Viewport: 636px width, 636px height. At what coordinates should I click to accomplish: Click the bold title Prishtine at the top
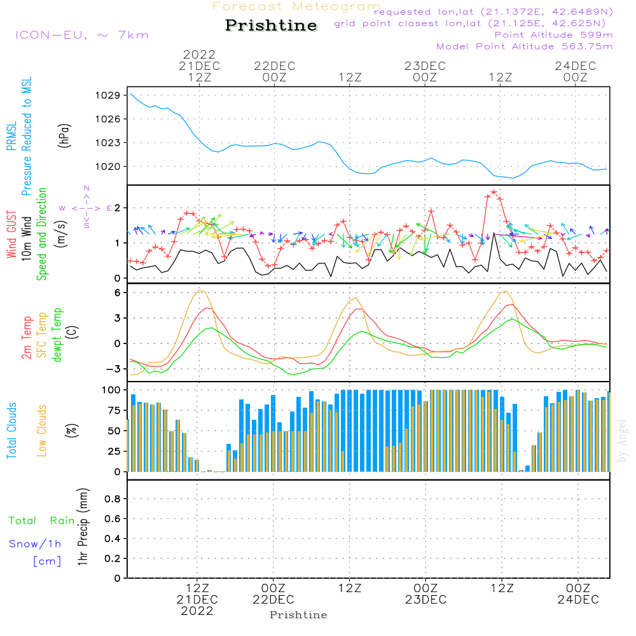pyautogui.click(x=271, y=25)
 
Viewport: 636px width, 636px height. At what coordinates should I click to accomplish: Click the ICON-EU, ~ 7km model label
pyautogui.click(x=81, y=35)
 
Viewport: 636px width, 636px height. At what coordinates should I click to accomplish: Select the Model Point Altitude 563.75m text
pyautogui.click(x=524, y=46)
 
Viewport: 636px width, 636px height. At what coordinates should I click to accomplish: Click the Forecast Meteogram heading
pyautogui.click(x=296, y=6)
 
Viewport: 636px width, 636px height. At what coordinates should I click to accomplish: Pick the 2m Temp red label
pyautogui.click(x=27, y=336)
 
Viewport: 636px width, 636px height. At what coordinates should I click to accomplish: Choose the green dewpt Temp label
pyautogui.click(x=57, y=335)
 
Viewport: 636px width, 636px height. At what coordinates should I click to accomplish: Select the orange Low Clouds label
pyautogui.click(x=42, y=431)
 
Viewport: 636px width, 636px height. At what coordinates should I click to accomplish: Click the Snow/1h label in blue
pyautogui.click(x=35, y=544)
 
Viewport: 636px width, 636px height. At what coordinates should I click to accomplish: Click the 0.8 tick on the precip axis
pyautogui.click(x=112, y=499)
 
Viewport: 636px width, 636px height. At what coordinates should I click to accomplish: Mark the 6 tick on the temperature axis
pyautogui.click(x=118, y=293)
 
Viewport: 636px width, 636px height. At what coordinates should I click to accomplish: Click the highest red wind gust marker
pyautogui.click(x=494, y=191)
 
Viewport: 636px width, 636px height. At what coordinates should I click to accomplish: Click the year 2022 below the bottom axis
pyautogui.click(x=197, y=611)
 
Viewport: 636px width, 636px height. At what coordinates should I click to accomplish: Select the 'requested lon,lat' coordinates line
pyautogui.click(x=494, y=12)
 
